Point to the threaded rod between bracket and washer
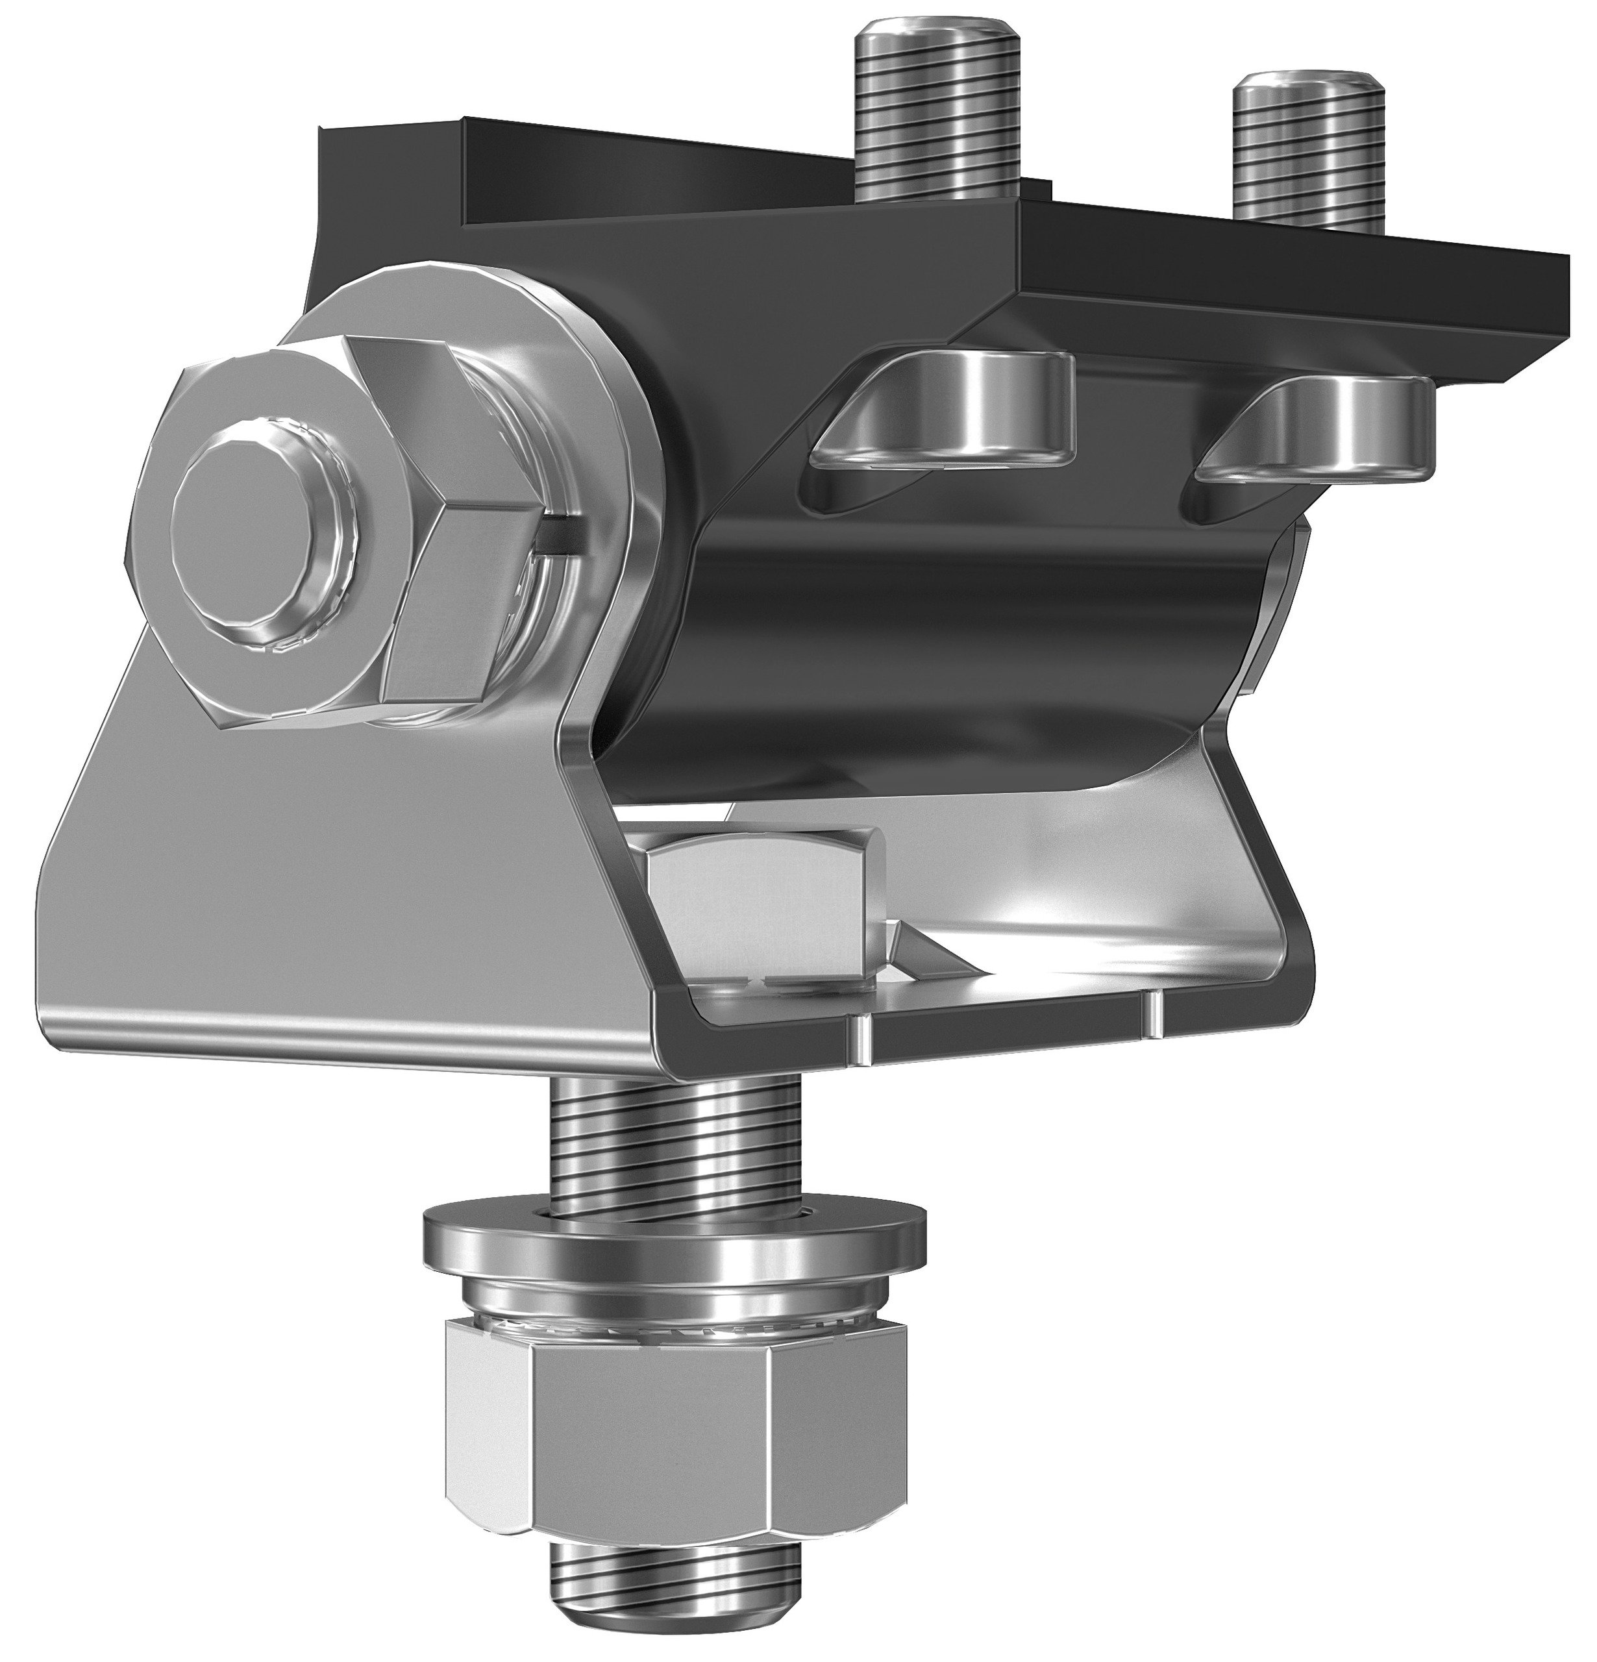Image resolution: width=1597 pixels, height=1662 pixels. (675, 1136)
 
